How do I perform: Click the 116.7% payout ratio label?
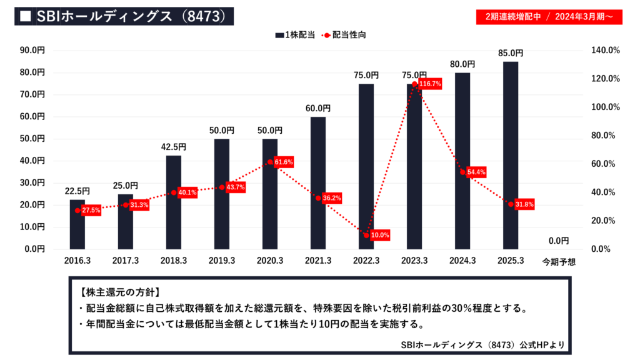point(430,83)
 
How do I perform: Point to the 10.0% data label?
point(380,235)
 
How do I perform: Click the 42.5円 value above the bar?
point(174,147)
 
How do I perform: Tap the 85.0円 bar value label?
point(511,54)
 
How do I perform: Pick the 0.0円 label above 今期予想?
point(559,241)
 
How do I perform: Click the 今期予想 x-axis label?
point(559,262)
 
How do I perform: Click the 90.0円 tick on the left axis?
point(32,50)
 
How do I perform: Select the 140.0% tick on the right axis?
point(605,50)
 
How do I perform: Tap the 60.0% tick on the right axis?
point(605,164)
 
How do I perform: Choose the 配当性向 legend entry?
point(344,35)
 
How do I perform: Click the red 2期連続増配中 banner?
point(549,16)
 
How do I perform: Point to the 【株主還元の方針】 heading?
point(120,292)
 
